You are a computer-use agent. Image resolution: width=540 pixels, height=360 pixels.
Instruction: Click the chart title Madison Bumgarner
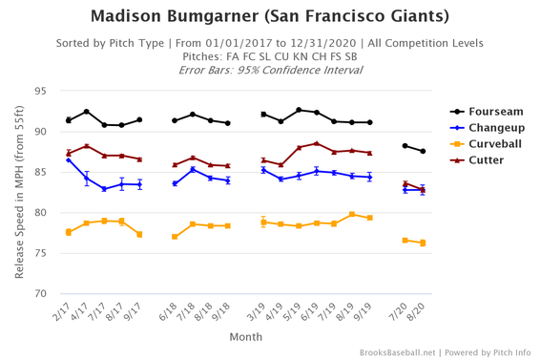[269, 16]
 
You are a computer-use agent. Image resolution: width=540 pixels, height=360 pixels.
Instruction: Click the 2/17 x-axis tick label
[62, 312]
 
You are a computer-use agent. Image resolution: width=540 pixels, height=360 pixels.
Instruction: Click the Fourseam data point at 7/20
[405, 146]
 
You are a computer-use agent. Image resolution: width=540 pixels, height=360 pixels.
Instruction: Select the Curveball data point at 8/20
[423, 243]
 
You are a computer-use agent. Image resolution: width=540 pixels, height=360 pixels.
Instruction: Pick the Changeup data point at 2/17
[69, 159]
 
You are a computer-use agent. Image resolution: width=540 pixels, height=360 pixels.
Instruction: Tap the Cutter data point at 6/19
[317, 144]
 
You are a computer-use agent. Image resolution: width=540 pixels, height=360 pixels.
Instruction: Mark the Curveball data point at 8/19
[352, 214]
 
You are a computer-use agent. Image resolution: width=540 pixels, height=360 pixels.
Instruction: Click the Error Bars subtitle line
[269, 70]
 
